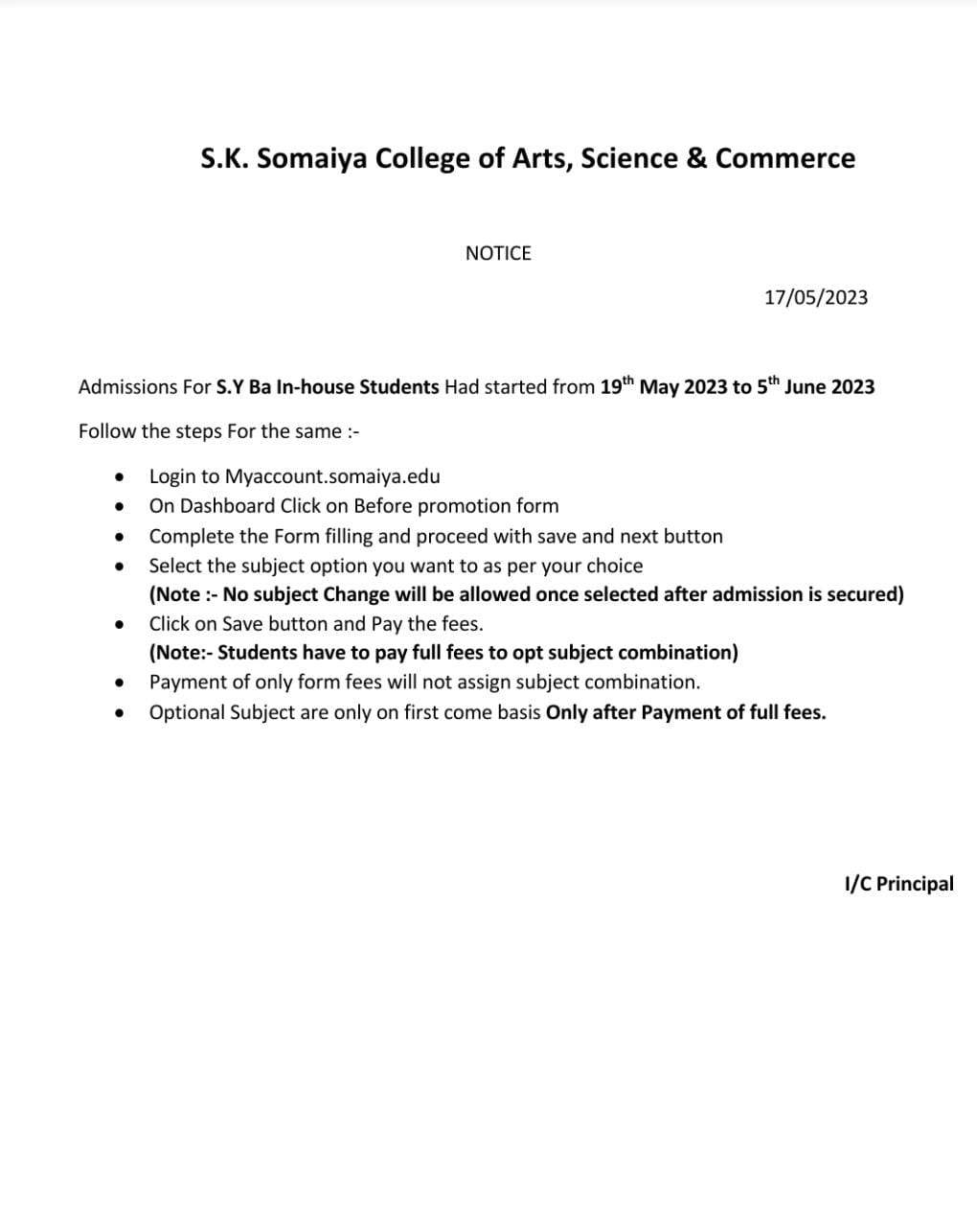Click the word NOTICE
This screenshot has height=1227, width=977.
[x=498, y=254]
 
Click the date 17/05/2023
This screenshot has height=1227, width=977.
[x=816, y=298]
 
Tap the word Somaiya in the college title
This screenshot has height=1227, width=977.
[x=311, y=158]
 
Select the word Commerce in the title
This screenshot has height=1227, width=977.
[x=785, y=158]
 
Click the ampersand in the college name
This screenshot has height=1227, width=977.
[x=696, y=158]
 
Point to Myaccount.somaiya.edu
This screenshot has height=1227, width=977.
[x=332, y=476]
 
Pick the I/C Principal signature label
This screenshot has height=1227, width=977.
[x=898, y=884]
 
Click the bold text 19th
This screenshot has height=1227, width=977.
[x=617, y=386]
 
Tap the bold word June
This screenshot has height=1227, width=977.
[x=805, y=387]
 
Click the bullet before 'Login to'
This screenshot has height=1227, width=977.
[x=119, y=477]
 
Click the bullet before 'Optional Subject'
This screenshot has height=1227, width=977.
[x=119, y=713]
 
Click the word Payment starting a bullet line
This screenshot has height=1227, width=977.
[x=187, y=683]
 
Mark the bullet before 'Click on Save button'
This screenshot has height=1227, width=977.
[x=119, y=625]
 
